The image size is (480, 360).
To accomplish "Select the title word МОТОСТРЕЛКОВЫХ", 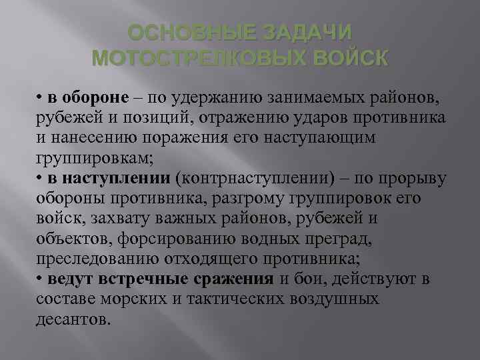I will [193, 58].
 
